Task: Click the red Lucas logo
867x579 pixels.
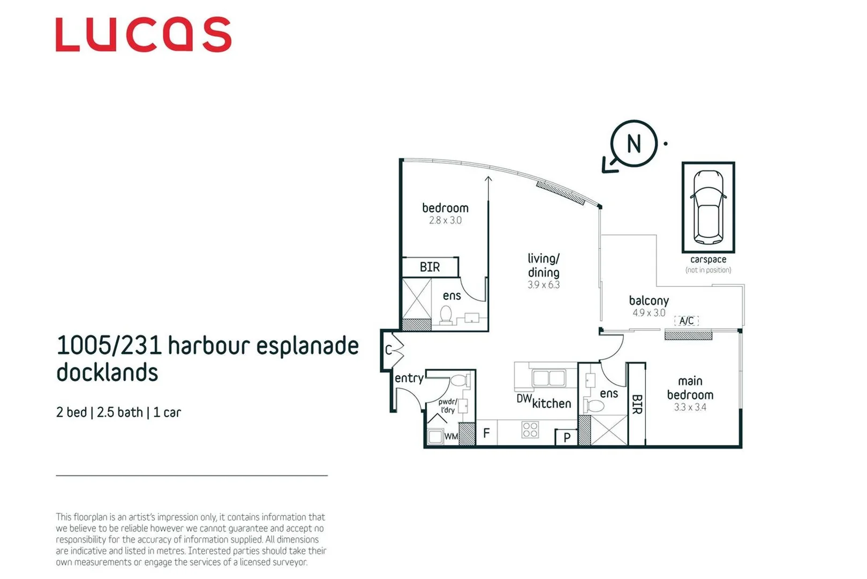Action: click(x=144, y=35)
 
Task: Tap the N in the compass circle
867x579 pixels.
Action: click(x=634, y=144)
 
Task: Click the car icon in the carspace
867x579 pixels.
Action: click(x=708, y=207)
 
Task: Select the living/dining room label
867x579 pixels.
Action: click(x=544, y=265)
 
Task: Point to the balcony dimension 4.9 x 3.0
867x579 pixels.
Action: click(x=649, y=313)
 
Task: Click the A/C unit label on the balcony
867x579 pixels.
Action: click(x=687, y=321)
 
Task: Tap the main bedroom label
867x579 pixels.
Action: click(x=690, y=388)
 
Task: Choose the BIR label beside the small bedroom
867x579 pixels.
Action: click(x=429, y=267)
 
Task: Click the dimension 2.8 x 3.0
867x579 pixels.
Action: click(x=445, y=220)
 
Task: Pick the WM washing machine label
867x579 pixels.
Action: click(x=451, y=436)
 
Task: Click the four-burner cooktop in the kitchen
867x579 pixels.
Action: click(x=530, y=429)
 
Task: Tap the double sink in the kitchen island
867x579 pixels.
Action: click(x=548, y=378)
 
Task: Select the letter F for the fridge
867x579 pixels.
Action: click(x=486, y=433)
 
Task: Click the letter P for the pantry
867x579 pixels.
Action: click(x=567, y=438)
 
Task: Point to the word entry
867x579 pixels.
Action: click(x=409, y=378)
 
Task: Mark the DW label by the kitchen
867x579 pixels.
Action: click(x=524, y=399)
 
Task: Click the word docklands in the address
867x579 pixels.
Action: click(x=107, y=373)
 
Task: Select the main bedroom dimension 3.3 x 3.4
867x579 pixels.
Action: click(x=690, y=407)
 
